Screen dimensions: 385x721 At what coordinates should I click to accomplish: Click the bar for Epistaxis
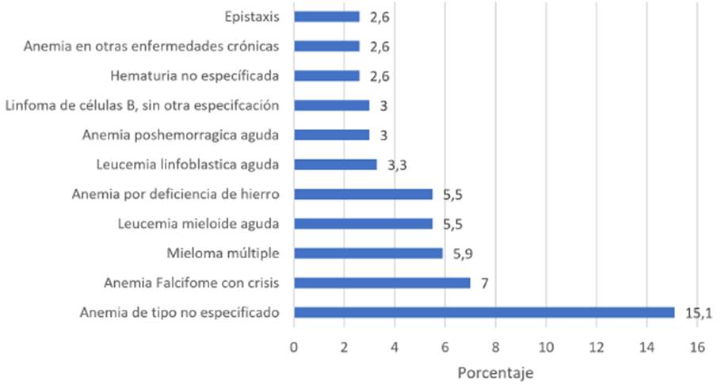tap(326, 17)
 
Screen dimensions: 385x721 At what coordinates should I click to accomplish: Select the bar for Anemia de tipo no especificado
tap(484, 312)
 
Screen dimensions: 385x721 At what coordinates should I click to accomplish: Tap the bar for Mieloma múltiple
tap(368, 253)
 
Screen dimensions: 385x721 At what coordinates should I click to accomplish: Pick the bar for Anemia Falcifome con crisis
tap(382, 283)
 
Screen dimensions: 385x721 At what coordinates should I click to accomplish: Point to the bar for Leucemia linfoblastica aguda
tap(335, 165)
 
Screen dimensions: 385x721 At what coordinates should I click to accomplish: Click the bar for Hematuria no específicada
tap(326, 76)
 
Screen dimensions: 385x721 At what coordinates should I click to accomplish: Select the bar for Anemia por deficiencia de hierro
tap(363, 194)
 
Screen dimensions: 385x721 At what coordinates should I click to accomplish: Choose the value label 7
tap(485, 283)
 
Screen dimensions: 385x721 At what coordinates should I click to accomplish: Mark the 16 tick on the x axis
tap(697, 346)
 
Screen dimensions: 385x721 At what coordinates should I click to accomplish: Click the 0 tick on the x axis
tap(294, 346)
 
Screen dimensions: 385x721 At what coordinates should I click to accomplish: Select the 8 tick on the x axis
tap(495, 346)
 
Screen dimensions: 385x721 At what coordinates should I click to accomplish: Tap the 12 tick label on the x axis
tap(596, 346)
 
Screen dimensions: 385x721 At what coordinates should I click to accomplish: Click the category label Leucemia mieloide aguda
tap(197, 224)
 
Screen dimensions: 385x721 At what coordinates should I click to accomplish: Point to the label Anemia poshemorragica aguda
tap(181, 135)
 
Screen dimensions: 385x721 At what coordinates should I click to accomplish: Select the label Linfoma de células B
tap(142, 105)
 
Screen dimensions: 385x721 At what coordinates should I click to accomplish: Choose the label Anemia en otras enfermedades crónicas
tap(151, 47)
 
